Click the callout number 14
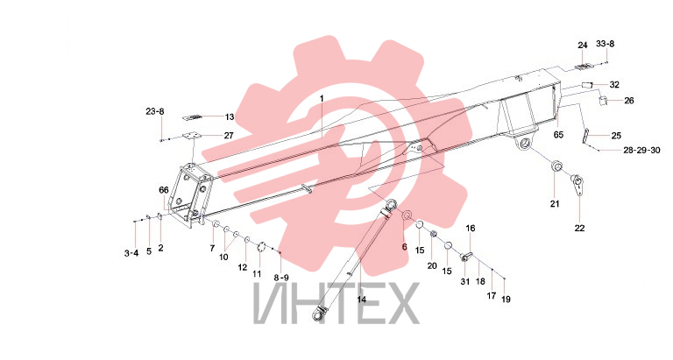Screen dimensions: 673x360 pos(361,300)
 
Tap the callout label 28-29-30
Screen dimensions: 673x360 pos(641,150)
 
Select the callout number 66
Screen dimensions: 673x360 pos(164,190)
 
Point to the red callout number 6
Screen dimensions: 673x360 pos(404,246)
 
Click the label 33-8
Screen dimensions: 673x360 pos(606,44)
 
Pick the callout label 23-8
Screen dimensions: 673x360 pos(154,111)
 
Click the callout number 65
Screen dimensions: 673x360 pos(558,135)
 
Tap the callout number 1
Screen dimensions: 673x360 pos(322,98)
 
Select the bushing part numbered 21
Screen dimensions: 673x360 pos(556,166)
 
